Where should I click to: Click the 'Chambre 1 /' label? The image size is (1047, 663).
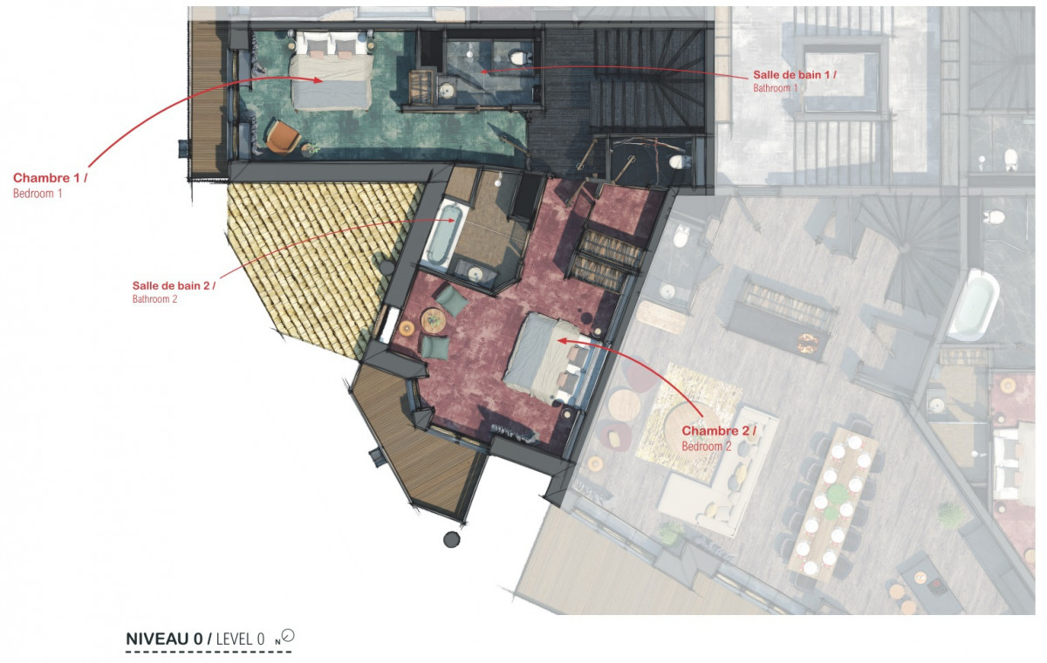[x=50, y=178]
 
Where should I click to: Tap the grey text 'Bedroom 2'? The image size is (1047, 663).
[x=707, y=446]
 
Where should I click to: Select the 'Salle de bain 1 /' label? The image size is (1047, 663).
[x=795, y=75]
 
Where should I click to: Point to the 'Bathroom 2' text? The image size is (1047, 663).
[x=155, y=299]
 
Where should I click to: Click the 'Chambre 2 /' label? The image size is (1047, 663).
[x=718, y=431]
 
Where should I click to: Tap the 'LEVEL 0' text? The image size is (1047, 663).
[x=240, y=639]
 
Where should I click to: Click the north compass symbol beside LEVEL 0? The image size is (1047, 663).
[x=287, y=637]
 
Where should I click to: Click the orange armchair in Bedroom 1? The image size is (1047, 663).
[x=281, y=136]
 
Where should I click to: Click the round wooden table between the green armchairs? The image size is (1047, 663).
[x=434, y=320]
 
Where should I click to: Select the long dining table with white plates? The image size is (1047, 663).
[x=829, y=501]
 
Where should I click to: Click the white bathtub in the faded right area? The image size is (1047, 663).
[x=972, y=304]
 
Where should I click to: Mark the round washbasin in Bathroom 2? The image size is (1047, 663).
[x=476, y=274]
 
